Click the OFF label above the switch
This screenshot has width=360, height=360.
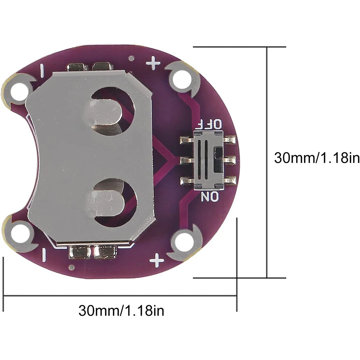(210, 124)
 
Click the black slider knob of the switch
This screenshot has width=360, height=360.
(219, 160)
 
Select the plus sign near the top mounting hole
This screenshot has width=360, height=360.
(153, 63)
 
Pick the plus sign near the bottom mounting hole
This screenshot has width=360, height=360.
(157, 260)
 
